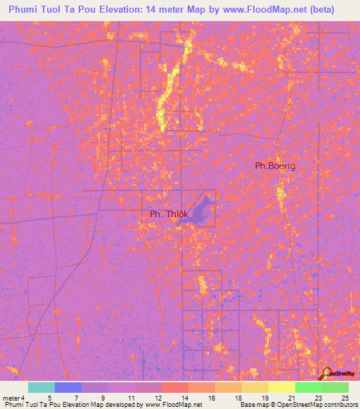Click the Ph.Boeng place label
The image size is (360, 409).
(275, 166)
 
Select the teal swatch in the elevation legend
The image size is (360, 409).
(41, 387)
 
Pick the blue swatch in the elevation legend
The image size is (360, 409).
(67, 387)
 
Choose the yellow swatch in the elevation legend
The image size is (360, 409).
(281, 387)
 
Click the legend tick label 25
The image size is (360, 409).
(345, 398)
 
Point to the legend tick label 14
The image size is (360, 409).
(184, 398)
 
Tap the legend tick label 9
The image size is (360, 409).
(103, 398)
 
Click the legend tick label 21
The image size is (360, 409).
(291, 398)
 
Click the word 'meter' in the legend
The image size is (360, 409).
(11, 398)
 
